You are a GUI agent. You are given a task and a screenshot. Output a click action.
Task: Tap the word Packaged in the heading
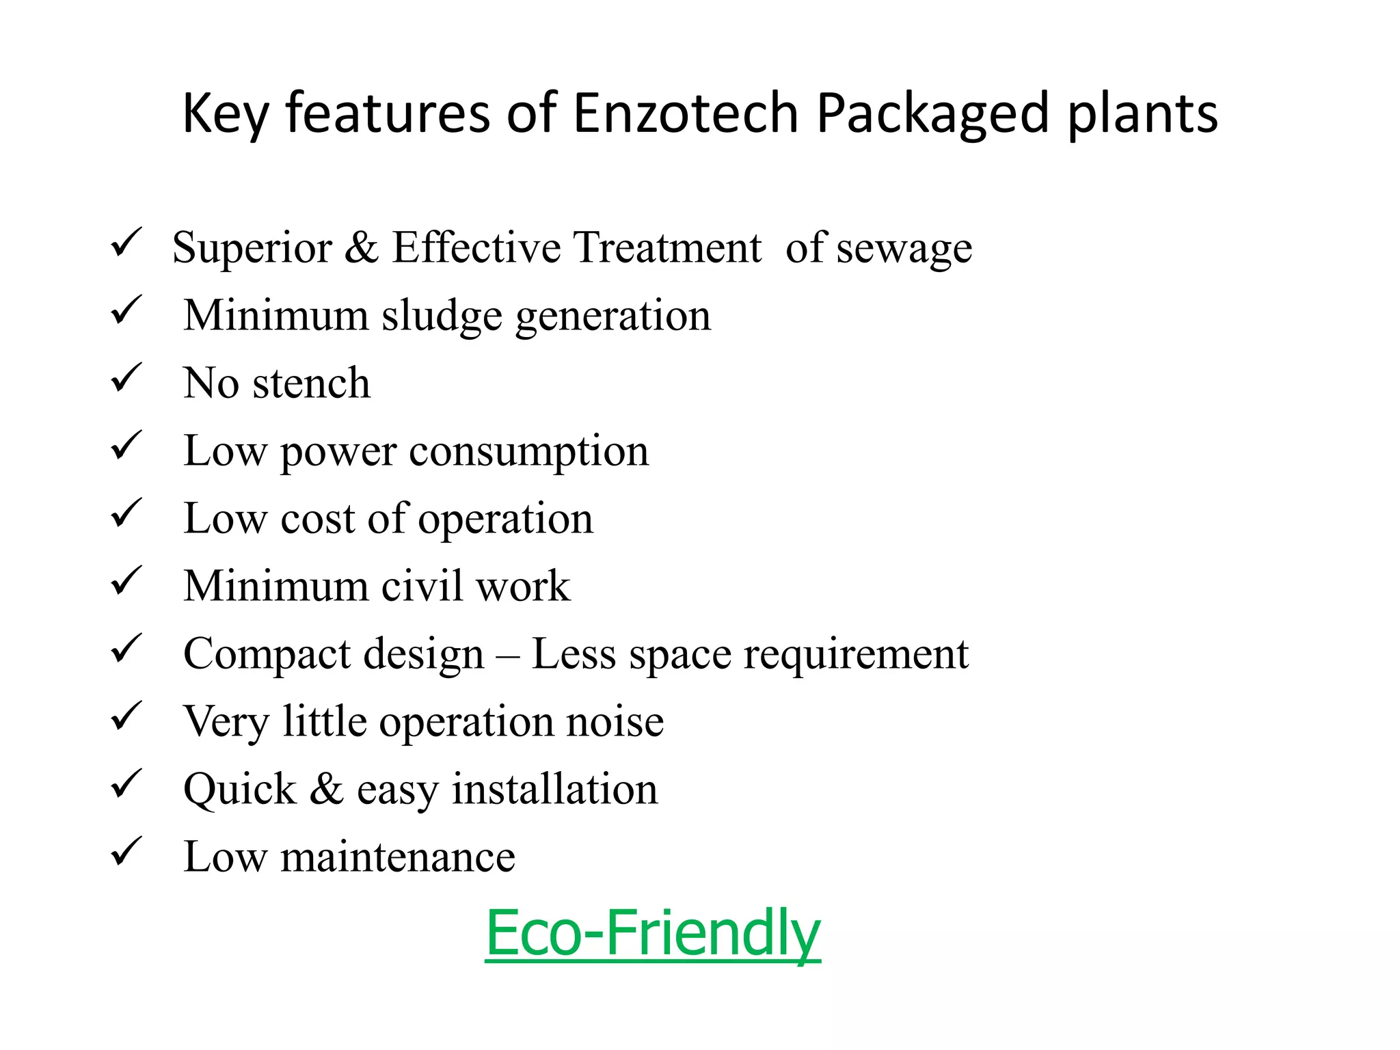932,114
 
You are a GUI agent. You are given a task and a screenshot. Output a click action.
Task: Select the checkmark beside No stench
126,377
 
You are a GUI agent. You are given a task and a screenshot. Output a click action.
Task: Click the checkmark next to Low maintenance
126,852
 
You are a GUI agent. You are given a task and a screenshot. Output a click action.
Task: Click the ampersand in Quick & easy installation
327,789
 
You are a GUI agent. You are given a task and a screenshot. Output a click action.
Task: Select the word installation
554,789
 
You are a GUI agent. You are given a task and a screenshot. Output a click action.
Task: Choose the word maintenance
397,857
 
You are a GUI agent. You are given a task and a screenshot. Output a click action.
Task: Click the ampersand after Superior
361,247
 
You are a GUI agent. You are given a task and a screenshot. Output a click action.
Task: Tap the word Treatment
667,247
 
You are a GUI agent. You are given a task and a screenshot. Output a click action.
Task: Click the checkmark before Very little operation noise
126,716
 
